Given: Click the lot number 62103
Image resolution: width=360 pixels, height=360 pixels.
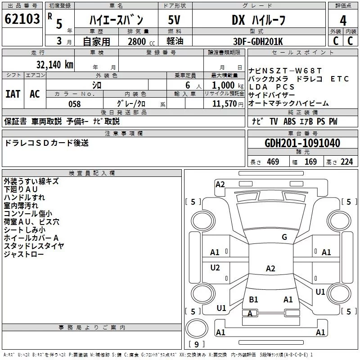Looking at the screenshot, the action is (x=22, y=20).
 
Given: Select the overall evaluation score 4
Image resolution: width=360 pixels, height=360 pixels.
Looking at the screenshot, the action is (x=343, y=20).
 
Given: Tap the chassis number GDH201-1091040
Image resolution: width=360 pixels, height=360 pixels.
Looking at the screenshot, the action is (x=302, y=143).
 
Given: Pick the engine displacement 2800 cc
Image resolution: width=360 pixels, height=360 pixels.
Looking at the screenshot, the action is (x=137, y=41).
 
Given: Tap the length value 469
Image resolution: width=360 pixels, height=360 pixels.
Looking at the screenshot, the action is (x=273, y=162).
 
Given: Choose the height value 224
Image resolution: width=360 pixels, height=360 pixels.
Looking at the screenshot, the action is (x=346, y=162).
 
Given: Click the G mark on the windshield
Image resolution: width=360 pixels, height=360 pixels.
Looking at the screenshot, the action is (x=284, y=237).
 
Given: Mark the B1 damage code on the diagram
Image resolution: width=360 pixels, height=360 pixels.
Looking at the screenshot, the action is (x=253, y=299).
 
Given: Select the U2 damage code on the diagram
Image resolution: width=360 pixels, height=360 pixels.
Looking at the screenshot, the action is (x=215, y=268).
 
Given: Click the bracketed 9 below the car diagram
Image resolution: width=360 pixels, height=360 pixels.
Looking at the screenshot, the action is (x=197, y=344).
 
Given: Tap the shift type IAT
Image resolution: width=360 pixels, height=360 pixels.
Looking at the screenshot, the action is (x=13, y=94).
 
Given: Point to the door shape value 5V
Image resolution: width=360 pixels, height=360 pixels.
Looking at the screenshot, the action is (x=174, y=20).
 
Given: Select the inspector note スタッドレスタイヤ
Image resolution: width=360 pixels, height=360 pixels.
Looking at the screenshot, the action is (x=34, y=246).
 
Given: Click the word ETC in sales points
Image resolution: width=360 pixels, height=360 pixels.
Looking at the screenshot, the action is (x=340, y=79).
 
